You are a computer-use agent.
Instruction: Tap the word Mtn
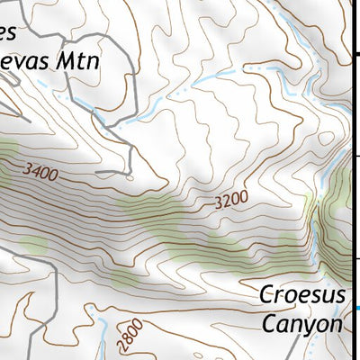[x=76, y=61]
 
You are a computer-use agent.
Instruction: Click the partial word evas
[x=25, y=61]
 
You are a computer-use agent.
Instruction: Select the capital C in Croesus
[x=266, y=294]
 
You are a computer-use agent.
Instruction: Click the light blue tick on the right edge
[x=356, y=310]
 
